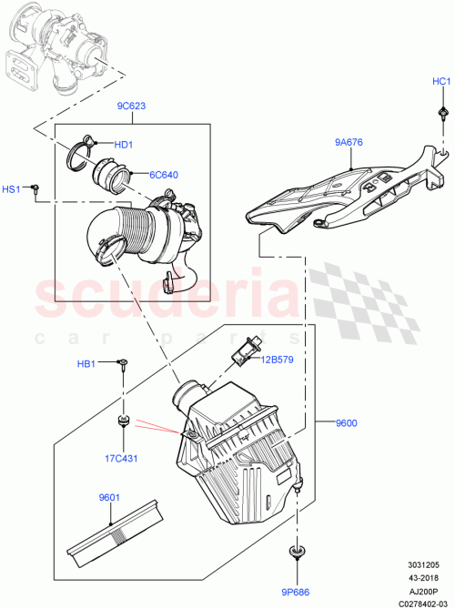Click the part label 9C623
(x=131, y=105)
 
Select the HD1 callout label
(x=124, y=145)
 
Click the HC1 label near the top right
(x=441, y=82)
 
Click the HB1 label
(x=86, y=364)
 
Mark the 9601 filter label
(x=110, y=497)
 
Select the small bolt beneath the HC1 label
(x=441, y=111)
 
